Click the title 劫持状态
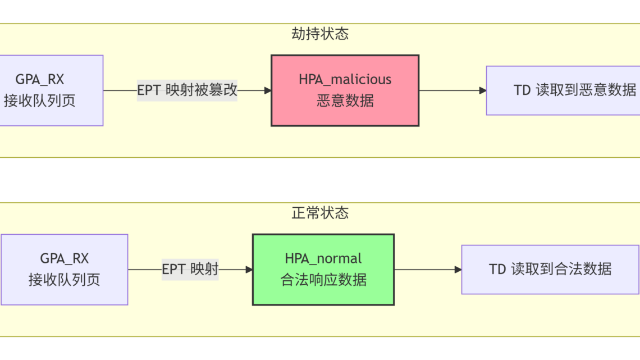point(320,34)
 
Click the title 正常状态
point(320,213)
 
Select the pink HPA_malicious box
point(345,90)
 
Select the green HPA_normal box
point(323,270)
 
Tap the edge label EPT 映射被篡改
point(187,90)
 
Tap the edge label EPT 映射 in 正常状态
point(190,270)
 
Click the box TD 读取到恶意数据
point(563,90)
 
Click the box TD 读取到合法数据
point(550,270)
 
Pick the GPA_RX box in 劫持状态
point(52,90)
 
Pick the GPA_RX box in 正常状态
point(65,270)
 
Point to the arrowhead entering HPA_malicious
point(268,90)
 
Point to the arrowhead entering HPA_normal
point(249,270)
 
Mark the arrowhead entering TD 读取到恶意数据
point(483,90)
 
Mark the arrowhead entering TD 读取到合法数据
point(458,270)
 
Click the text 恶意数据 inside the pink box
point(345,101)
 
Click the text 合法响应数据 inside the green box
point(323,280)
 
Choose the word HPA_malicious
point(345,80)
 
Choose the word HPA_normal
point(323,259)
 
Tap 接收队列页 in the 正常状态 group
point(64,280)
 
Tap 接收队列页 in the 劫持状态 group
point(40,101)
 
